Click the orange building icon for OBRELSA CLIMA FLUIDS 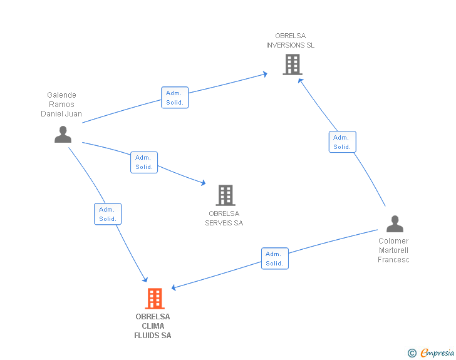[155, 299]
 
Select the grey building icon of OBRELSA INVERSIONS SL [293, 64]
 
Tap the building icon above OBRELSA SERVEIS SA [225, 195]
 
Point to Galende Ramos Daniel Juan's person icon [63, 135]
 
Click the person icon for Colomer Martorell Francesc [395, 224]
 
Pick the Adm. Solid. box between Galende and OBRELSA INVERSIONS [175, 98]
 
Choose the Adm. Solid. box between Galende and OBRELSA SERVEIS [144, 162]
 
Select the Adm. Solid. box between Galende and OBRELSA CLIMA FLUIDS [108, 214]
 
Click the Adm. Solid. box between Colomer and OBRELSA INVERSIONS [342, 142]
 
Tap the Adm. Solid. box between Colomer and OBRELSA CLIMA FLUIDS [275, 259]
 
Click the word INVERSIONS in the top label [282, 45]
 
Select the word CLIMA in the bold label [153, 326]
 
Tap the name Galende [61, 95]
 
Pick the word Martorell [393, 250]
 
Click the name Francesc [393, 260]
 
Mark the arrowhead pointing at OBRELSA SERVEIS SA [204, 183]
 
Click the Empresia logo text [437, 352]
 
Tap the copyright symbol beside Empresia [412, 353]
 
